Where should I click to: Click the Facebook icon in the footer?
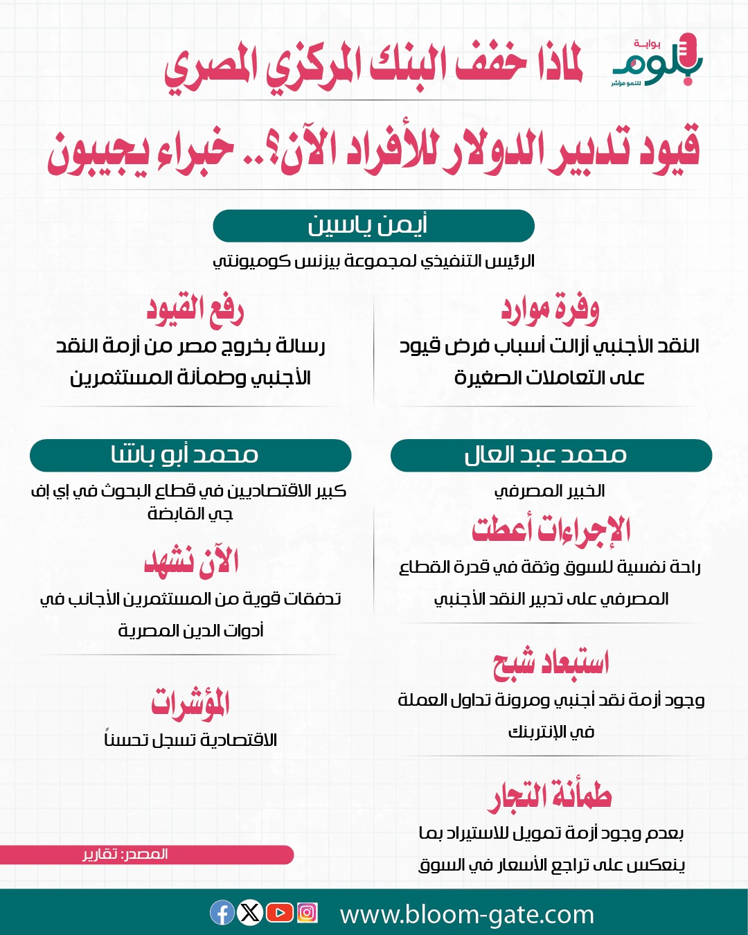[222, 913]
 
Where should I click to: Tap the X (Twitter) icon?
[250, 913]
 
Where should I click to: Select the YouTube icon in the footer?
[279, 913]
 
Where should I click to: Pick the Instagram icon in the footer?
[307, 913]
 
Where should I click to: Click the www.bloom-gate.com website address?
[467, 915]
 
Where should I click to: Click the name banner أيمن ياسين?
[373, 226]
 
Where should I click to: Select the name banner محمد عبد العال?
[551, 455]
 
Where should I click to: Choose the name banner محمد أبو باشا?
[190, 455]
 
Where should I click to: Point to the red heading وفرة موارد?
[551, 310]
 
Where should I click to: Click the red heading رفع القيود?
[195, 310]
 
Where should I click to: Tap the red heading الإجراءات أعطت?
[551, 530]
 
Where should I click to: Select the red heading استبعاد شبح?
[551, 663]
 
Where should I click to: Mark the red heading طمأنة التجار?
[551, 796]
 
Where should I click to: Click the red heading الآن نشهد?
[191, 562]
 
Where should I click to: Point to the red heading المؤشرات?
[190, 703]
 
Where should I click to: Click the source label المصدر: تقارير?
[125, 855]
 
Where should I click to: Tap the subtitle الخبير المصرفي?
[550, 491]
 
